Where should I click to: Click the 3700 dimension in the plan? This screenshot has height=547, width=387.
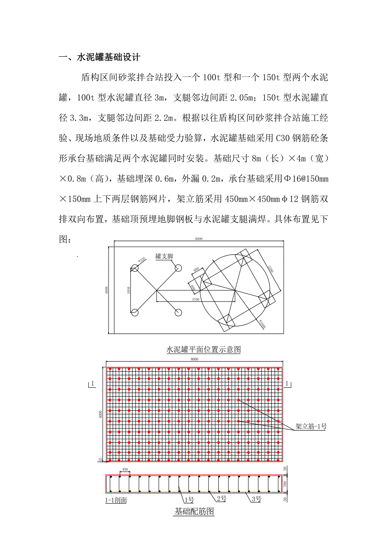(195, 299)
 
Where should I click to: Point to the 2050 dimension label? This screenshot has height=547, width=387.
(127, 290)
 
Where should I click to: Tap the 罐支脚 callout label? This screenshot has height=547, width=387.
(164, 256)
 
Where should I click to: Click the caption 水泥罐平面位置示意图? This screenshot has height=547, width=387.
(204, 350)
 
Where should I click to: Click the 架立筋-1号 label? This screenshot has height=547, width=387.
(311, 426)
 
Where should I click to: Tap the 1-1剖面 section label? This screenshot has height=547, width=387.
(116, 500)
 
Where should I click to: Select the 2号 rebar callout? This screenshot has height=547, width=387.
(222, 499)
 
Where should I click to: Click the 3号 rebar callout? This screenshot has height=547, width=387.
(256, 499)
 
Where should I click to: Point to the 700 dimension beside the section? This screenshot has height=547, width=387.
(285, 484)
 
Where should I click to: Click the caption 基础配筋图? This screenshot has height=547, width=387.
(194, 512)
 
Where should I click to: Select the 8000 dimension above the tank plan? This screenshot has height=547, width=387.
(199, 239)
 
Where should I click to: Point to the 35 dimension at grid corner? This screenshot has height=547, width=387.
(101, 460)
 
